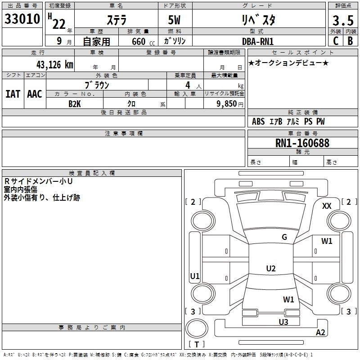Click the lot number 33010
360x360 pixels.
pos(22,20)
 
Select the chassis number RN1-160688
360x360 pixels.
pos(302,143)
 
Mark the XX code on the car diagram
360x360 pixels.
pos(327,206)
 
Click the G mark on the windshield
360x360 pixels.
pos(284,237)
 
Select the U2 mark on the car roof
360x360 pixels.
pos(270,269)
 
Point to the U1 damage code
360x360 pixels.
pos(195,276)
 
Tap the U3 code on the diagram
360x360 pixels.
pos(283,322)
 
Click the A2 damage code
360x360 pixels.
pos(320,333)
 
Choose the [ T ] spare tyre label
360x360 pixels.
pos(197,344)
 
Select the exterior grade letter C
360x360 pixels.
pos(335,41)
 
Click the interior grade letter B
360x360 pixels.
pos(350,41)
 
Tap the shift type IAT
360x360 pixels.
pos(13,94)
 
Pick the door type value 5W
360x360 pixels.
pos(175,21)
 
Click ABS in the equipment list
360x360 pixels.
pos(258,121)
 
